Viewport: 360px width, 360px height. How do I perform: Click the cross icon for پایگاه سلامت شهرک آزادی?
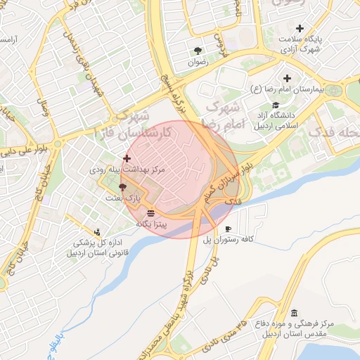pyautogui.click(x=300, y=28)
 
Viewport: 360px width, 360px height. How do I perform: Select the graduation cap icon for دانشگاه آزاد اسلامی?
pyautogui.click(x=276, y=105)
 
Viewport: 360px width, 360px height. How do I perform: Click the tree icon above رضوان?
pyautogui.click(x=198, y=51)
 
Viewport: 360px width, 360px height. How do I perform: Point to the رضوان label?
pyautogui.click(x=198, y=62)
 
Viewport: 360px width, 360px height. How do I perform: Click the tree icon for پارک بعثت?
pyautogui.click(x=123, y=187)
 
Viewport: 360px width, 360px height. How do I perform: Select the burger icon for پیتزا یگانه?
pyautogui.click(x=151, y=212)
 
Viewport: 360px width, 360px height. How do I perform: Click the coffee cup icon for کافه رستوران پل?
pyautogui.click(x=228, y=229)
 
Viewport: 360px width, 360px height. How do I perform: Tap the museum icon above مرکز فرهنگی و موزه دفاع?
pyautogui.click(x=294, y=313)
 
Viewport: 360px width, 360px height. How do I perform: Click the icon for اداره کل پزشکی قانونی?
pyautogui.click(x=97, y=231)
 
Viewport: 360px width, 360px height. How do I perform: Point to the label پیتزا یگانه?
pyautogui.click(x=151, y=224)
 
